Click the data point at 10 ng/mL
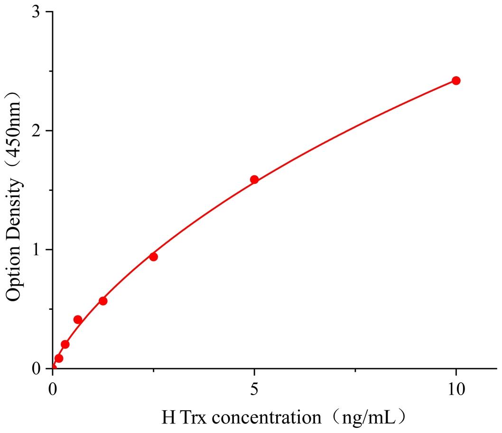[456, 81]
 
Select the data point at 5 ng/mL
[254, 180]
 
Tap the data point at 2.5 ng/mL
[153, 257]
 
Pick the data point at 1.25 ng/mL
[103, 301]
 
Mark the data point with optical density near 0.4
[78, 320]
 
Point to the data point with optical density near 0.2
[65, 344]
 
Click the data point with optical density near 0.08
[59, 358]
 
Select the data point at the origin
[53, 368]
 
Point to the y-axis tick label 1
[35, 250]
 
